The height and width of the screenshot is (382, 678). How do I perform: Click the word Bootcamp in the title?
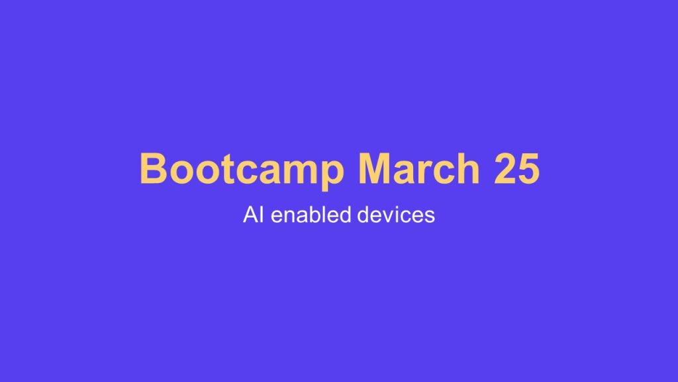(242, 169)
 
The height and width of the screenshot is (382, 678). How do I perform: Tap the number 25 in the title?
(516, 169)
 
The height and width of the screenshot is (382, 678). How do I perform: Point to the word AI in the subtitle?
(251, 215)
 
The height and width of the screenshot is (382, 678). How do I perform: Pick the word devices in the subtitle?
(397, 215)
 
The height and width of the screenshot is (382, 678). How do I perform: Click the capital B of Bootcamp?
(152, 169)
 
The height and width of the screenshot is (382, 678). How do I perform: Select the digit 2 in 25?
(504, 169)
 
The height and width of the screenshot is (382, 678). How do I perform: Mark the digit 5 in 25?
(528, 169)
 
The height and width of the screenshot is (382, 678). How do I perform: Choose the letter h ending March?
(467, 169)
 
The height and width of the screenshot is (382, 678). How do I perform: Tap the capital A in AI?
(249, 215)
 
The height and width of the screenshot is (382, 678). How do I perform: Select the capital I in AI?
(259, 215)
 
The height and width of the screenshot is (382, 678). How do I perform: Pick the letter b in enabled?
(310, 215)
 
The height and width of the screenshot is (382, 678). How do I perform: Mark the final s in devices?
(430, 216)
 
